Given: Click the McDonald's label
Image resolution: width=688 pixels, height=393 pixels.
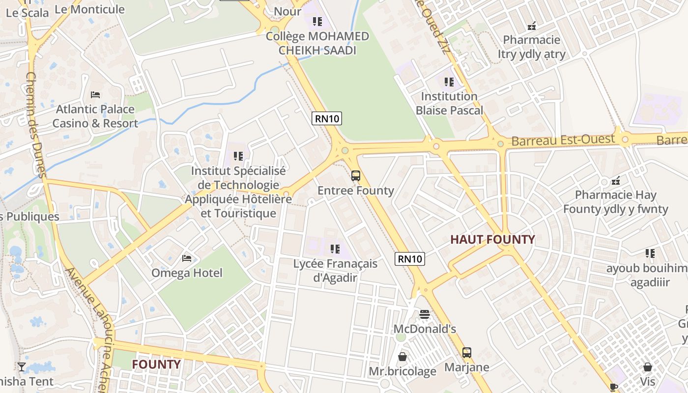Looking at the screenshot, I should pyautogui.click(x=425, y=329).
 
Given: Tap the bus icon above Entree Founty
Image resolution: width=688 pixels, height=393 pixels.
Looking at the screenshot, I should pyautogui.click(x=356, y=175).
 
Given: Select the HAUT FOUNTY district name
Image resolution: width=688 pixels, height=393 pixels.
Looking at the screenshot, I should pyautogui.click(x=493, y=239).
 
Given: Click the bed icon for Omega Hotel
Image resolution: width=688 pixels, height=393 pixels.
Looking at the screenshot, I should pyautogui.click(x=187, y=258).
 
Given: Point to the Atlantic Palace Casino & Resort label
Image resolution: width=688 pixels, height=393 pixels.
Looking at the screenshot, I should pyautogui.click(x=95, y=116).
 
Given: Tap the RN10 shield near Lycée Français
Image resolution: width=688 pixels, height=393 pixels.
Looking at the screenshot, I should pyautogui.click(x=409, y=259).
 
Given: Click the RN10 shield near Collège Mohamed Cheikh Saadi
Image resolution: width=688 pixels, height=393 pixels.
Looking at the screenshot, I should pyautogui.click(x=326, y=118).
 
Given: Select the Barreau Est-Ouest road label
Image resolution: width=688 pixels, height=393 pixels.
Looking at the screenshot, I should pyautogui.click(x=563, y=140).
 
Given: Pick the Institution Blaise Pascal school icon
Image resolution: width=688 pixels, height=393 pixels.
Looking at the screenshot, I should pyautogui.click(x=449, y=82).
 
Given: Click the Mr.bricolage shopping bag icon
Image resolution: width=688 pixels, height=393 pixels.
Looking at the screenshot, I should pyautogui.click(x=402, y=356).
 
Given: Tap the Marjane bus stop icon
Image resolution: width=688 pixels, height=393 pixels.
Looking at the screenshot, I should pyautogui.click(x=466, y=352).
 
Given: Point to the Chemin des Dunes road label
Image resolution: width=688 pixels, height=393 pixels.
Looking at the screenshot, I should pyautogui.click(x=35, y=125).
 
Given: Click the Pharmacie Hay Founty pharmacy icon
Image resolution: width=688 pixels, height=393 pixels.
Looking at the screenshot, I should pyautogui.click(x=616, y=180).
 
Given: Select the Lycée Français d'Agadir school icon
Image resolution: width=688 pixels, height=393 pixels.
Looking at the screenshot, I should pyautogui.click(x=335, y=249).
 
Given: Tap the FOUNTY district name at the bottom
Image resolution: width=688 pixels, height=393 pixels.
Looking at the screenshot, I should pyautogui.click(x=156, y=364).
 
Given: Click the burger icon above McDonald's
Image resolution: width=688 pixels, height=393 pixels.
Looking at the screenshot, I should pyautogui.click(x=425, y=314).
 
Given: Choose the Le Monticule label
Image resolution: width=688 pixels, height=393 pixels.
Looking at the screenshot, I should pyautogui.click(x=89, y=9).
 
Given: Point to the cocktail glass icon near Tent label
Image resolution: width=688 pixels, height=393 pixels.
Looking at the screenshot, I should pyautogui.click(x=22, y=366).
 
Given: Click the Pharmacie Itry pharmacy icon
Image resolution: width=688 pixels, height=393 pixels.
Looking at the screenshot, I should pyautogui.click(x=531, y=26).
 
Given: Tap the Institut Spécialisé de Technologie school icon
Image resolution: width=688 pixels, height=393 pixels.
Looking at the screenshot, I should pyautogui.click(x=238, y=156).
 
